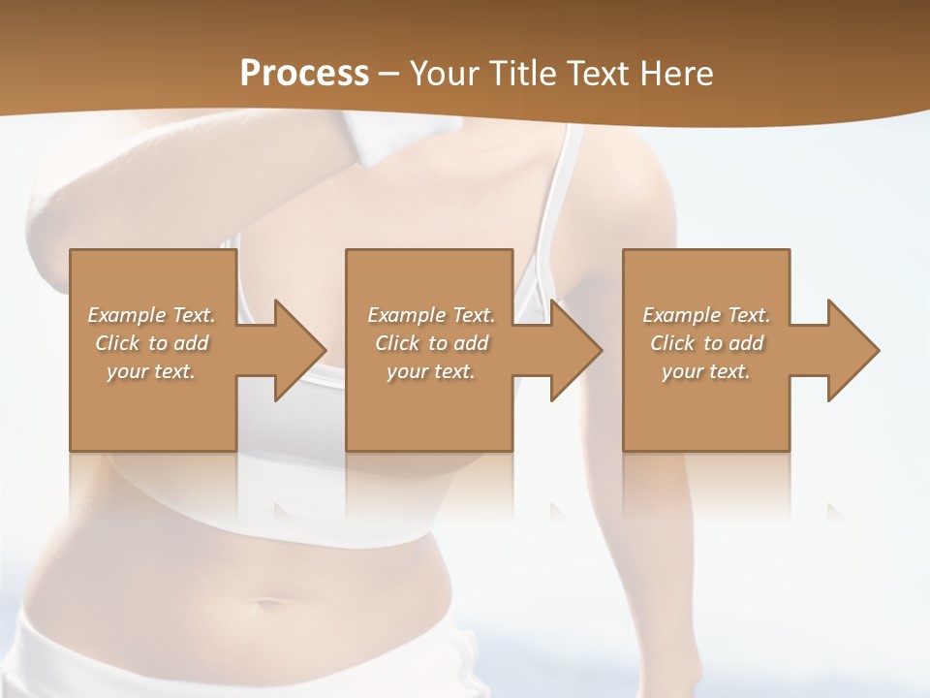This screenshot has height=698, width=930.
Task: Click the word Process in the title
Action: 304,74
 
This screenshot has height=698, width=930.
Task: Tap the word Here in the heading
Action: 675,74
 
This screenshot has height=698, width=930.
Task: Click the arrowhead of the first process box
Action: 295,350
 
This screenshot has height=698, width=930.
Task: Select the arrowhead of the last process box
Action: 849,350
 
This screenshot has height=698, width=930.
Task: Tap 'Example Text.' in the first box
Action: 152,315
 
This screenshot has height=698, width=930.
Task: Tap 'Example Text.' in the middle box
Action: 431,315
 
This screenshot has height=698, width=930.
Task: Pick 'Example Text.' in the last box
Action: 706,315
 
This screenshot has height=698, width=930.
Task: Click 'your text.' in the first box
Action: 151,371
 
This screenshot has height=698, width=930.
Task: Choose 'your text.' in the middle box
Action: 431,371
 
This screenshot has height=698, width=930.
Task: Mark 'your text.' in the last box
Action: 706,371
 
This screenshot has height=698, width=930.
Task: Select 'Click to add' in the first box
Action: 152,343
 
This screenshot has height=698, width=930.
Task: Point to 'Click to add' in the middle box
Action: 431,343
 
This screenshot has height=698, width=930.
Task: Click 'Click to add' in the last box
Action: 706,343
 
